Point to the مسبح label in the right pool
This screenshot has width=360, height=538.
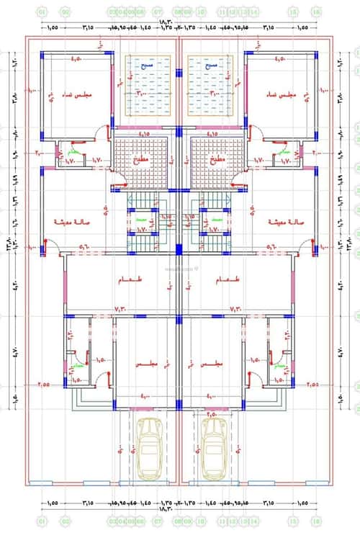[212, 65]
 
